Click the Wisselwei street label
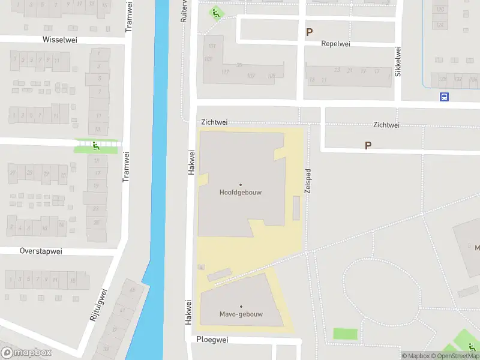coord(61,40)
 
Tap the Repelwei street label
coord(335,44)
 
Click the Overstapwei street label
coord(41,251)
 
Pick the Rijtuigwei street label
coord(98,305)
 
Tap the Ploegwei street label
coord(213,340)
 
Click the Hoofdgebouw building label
coord(241,193)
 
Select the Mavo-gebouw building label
coord(241,314)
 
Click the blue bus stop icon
coord(444,97)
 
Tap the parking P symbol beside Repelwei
coord(310,32)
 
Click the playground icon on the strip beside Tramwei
coord(96,146)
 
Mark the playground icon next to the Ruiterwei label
coord(215,13)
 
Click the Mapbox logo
coord(26,353)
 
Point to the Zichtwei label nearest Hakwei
coord(214,122)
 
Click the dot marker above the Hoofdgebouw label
coord(241,185)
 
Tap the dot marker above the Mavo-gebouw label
coord(241,307)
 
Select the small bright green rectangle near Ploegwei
coord(344,334)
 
